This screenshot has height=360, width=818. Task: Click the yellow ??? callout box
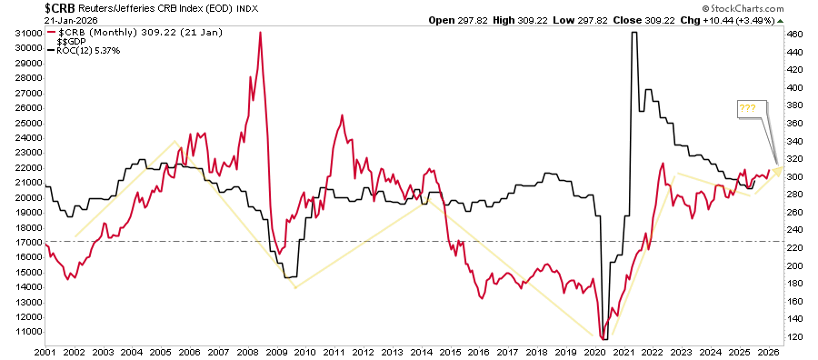point(747,108)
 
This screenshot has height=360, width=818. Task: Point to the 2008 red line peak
point(260,34)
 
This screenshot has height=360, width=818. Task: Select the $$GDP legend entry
point(66,41)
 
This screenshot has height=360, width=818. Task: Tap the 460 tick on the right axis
point(796,34)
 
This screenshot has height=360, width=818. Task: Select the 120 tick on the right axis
point(796,337)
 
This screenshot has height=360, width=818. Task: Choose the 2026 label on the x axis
point(768,351)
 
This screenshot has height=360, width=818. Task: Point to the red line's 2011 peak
point(342,116)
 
